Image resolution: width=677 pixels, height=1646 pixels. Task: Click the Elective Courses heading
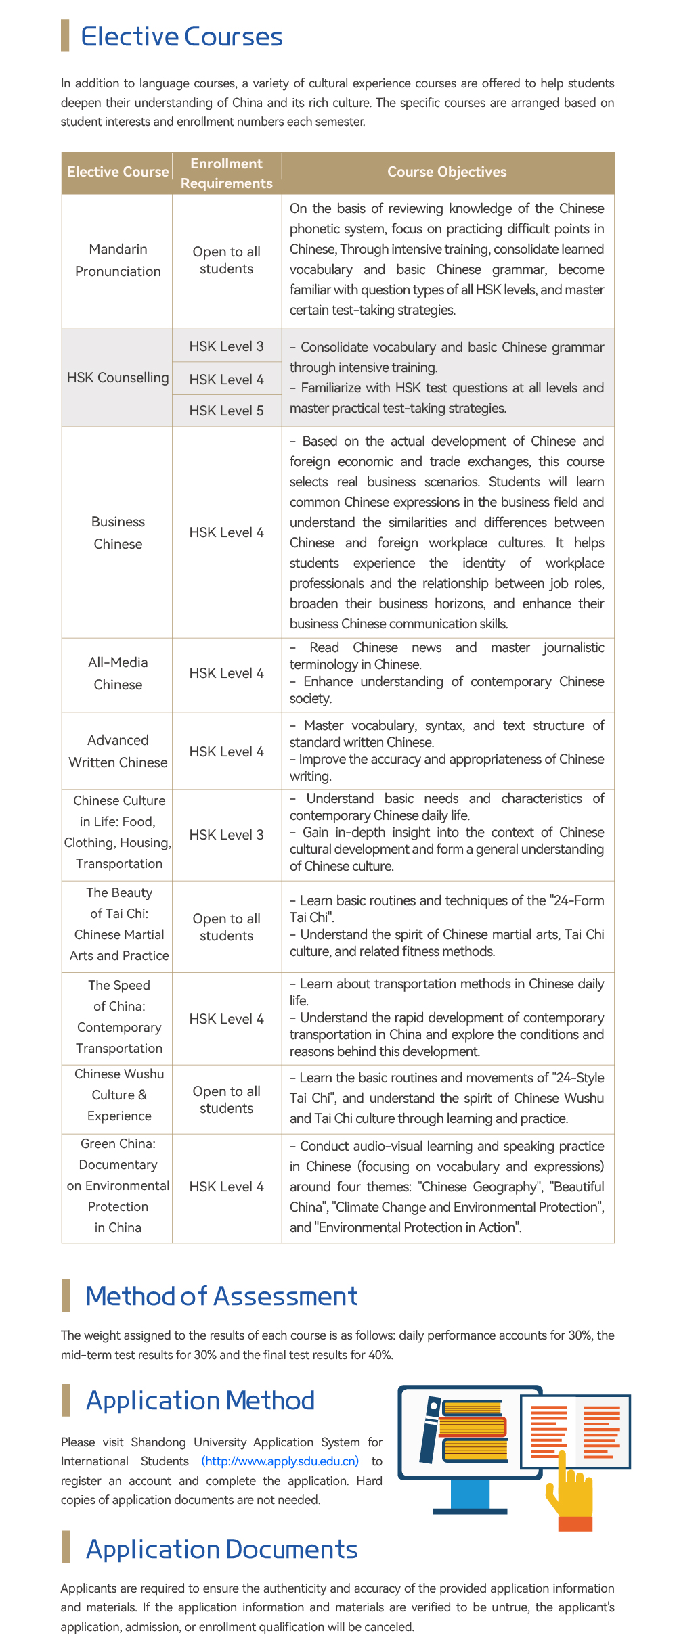[x=181, y=37]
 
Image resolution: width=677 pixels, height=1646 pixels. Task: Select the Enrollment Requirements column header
[x=226, y=173]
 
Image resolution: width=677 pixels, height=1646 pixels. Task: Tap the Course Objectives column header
[x=447, y=172]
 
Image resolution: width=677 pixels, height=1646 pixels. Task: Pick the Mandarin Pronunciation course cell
[x=118, y=260]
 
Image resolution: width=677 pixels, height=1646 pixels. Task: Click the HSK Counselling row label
[x=118, y=378]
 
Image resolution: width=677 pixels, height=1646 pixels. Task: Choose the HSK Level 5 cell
[x=226, y=411]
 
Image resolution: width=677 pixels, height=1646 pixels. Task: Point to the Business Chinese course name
[x=118, y=532]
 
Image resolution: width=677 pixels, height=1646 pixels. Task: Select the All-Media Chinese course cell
[x=118, y=673]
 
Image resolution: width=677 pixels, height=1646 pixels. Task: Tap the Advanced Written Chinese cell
[x=118, y=751]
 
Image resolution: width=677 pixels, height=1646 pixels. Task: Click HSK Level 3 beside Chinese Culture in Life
[x=226, y=835]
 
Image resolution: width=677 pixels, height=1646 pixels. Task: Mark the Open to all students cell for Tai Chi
[x=226, y=927]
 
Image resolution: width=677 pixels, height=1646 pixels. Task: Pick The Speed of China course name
[x=119, y=1017]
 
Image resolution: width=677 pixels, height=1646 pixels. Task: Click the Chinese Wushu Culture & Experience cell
[x=119, y=1095]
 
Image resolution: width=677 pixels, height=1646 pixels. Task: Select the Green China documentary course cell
[x=118, y=1185]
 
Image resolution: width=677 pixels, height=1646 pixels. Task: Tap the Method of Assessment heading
[x=221, y=1296]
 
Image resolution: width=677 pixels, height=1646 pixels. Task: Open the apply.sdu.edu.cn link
[x=280, y=1461]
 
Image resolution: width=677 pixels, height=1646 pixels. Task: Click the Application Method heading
[x=200, y=1400]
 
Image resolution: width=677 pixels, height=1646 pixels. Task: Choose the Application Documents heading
[x=221, y=1549]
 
